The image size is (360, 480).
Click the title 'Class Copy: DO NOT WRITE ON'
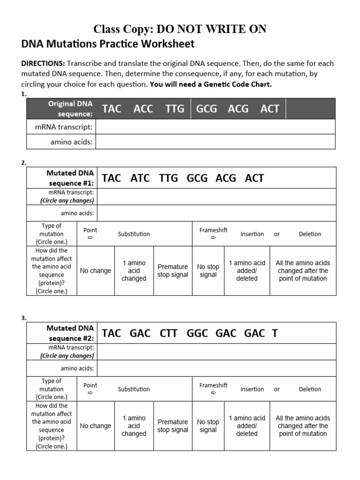[180, 29]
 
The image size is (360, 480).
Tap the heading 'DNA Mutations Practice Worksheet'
[108, 45]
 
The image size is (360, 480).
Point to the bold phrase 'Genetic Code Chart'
[239, 85]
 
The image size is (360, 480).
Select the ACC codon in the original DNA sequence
[143, 109]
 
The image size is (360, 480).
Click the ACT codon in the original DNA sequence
[270, 109]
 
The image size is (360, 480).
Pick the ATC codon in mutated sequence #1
[140, 178]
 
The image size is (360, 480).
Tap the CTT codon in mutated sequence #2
[168, 333]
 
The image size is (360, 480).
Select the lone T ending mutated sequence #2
[275, 333]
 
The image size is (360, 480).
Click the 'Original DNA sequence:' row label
[70, 109]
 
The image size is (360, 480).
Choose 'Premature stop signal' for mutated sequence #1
[172, 271]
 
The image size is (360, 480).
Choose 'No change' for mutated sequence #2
[96, 426]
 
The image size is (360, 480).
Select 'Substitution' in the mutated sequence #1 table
[134, 234]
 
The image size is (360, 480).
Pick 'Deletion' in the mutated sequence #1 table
[310, 234]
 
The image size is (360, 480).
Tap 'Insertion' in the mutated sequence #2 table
[252, 389]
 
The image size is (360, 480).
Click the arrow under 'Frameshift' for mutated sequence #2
[213, 393]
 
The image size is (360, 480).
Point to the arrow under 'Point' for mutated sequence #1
[90, 238]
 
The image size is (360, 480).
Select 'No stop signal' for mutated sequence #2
[208, 426]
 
